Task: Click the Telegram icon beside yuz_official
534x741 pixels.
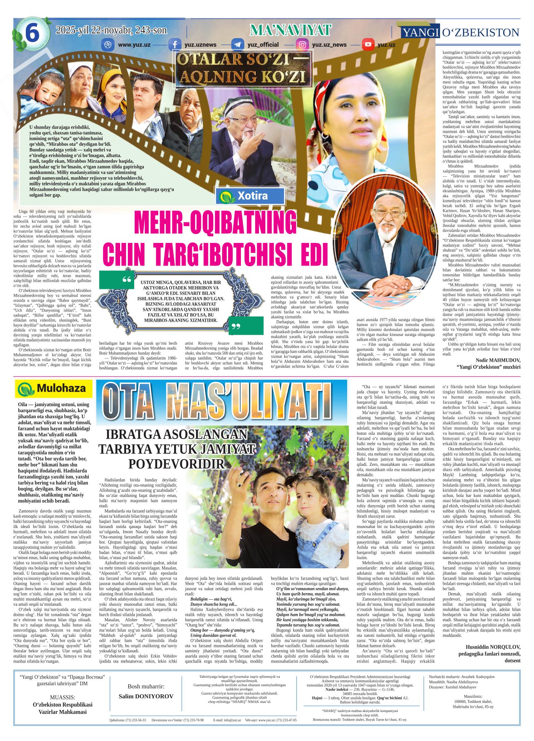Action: click(x=238, y=45)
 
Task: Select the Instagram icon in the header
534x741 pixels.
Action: click(x=302, y=45)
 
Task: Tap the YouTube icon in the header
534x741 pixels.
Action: click(x=368, y=45)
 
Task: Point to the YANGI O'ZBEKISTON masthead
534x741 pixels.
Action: click(x=461, y=32)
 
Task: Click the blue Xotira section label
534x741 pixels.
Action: click(x=251, y=196)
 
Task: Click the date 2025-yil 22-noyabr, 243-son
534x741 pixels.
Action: click(x=111, y=30)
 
